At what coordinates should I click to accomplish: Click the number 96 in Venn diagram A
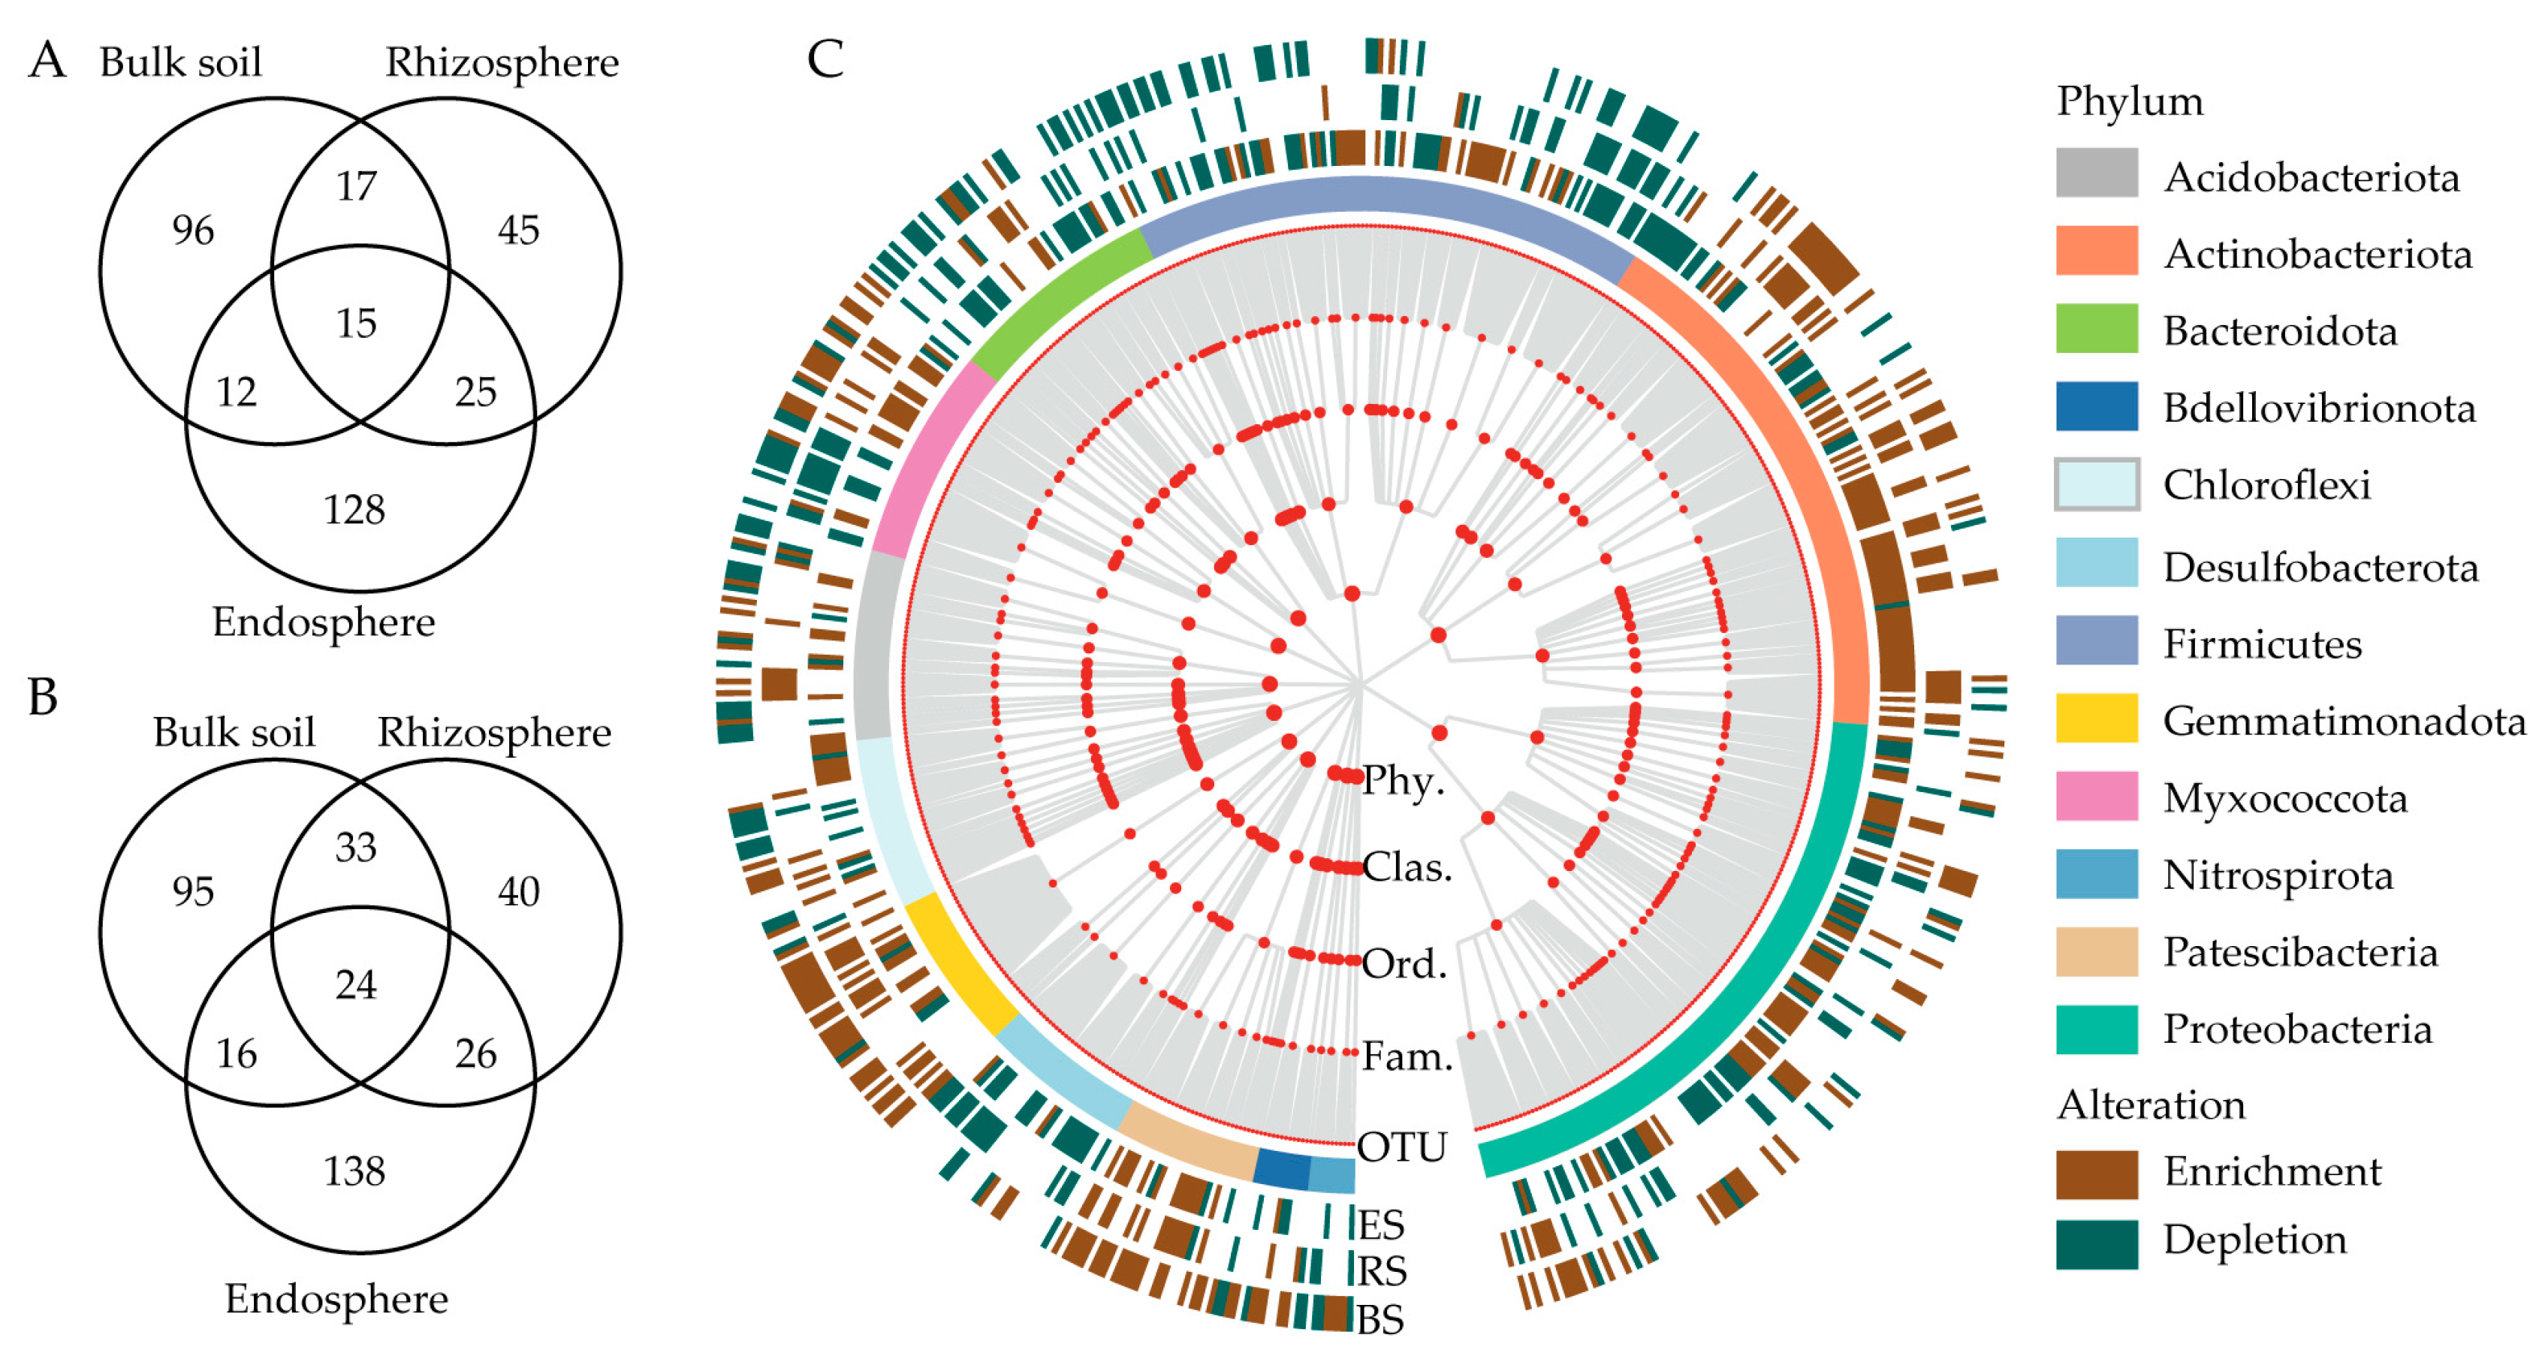(x=193, y=231)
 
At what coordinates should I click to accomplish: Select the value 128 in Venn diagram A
(x=354, y=509)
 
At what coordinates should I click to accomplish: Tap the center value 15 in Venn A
(x=356, y=324)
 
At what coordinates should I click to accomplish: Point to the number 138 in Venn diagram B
(x=354, y=1171)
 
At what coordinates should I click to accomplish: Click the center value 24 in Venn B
(x=356, y=984)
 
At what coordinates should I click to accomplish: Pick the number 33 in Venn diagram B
(x=356, y=848)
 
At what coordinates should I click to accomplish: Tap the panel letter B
(x=43, y=698)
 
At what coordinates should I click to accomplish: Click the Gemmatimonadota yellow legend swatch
(x=2096, y=718)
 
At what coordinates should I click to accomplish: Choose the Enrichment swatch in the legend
(x=2096, y=1173)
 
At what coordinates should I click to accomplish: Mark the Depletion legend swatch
(x=2096, y=1243)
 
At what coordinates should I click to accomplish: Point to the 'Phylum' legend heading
(x=2130, y=101)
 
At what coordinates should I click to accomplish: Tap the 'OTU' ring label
(x=1401, y=1147)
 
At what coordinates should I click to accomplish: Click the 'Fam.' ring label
(x=1407, y=1056)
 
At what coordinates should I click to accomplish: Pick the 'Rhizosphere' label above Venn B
(x=495, y=733)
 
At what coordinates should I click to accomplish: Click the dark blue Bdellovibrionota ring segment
(x=1282, y=1169)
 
